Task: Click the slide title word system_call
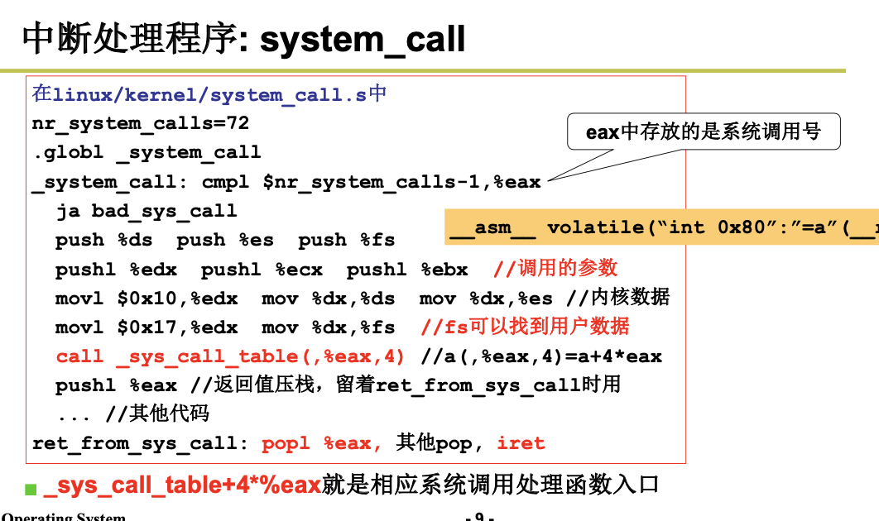tap(363, 39)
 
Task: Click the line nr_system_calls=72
tap(141, 124)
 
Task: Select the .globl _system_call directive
tap(146, 153)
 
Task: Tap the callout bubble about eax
tap(703, 132)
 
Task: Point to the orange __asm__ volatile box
tap(662, 227)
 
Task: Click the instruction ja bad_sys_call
tap(146, 211)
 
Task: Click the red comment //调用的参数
tap(555, 269)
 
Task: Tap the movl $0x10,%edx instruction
tap(146, 299)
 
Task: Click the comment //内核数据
tap(618, 298)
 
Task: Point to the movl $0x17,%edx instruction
tap(146, 327)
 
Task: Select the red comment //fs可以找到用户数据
tap(526, 327)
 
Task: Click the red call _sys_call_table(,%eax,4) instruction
tap(230, 356)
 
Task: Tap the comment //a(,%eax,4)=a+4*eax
tap(541, 356)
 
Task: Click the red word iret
tap(521, 443)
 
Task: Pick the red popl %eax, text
tap(322, 443)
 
